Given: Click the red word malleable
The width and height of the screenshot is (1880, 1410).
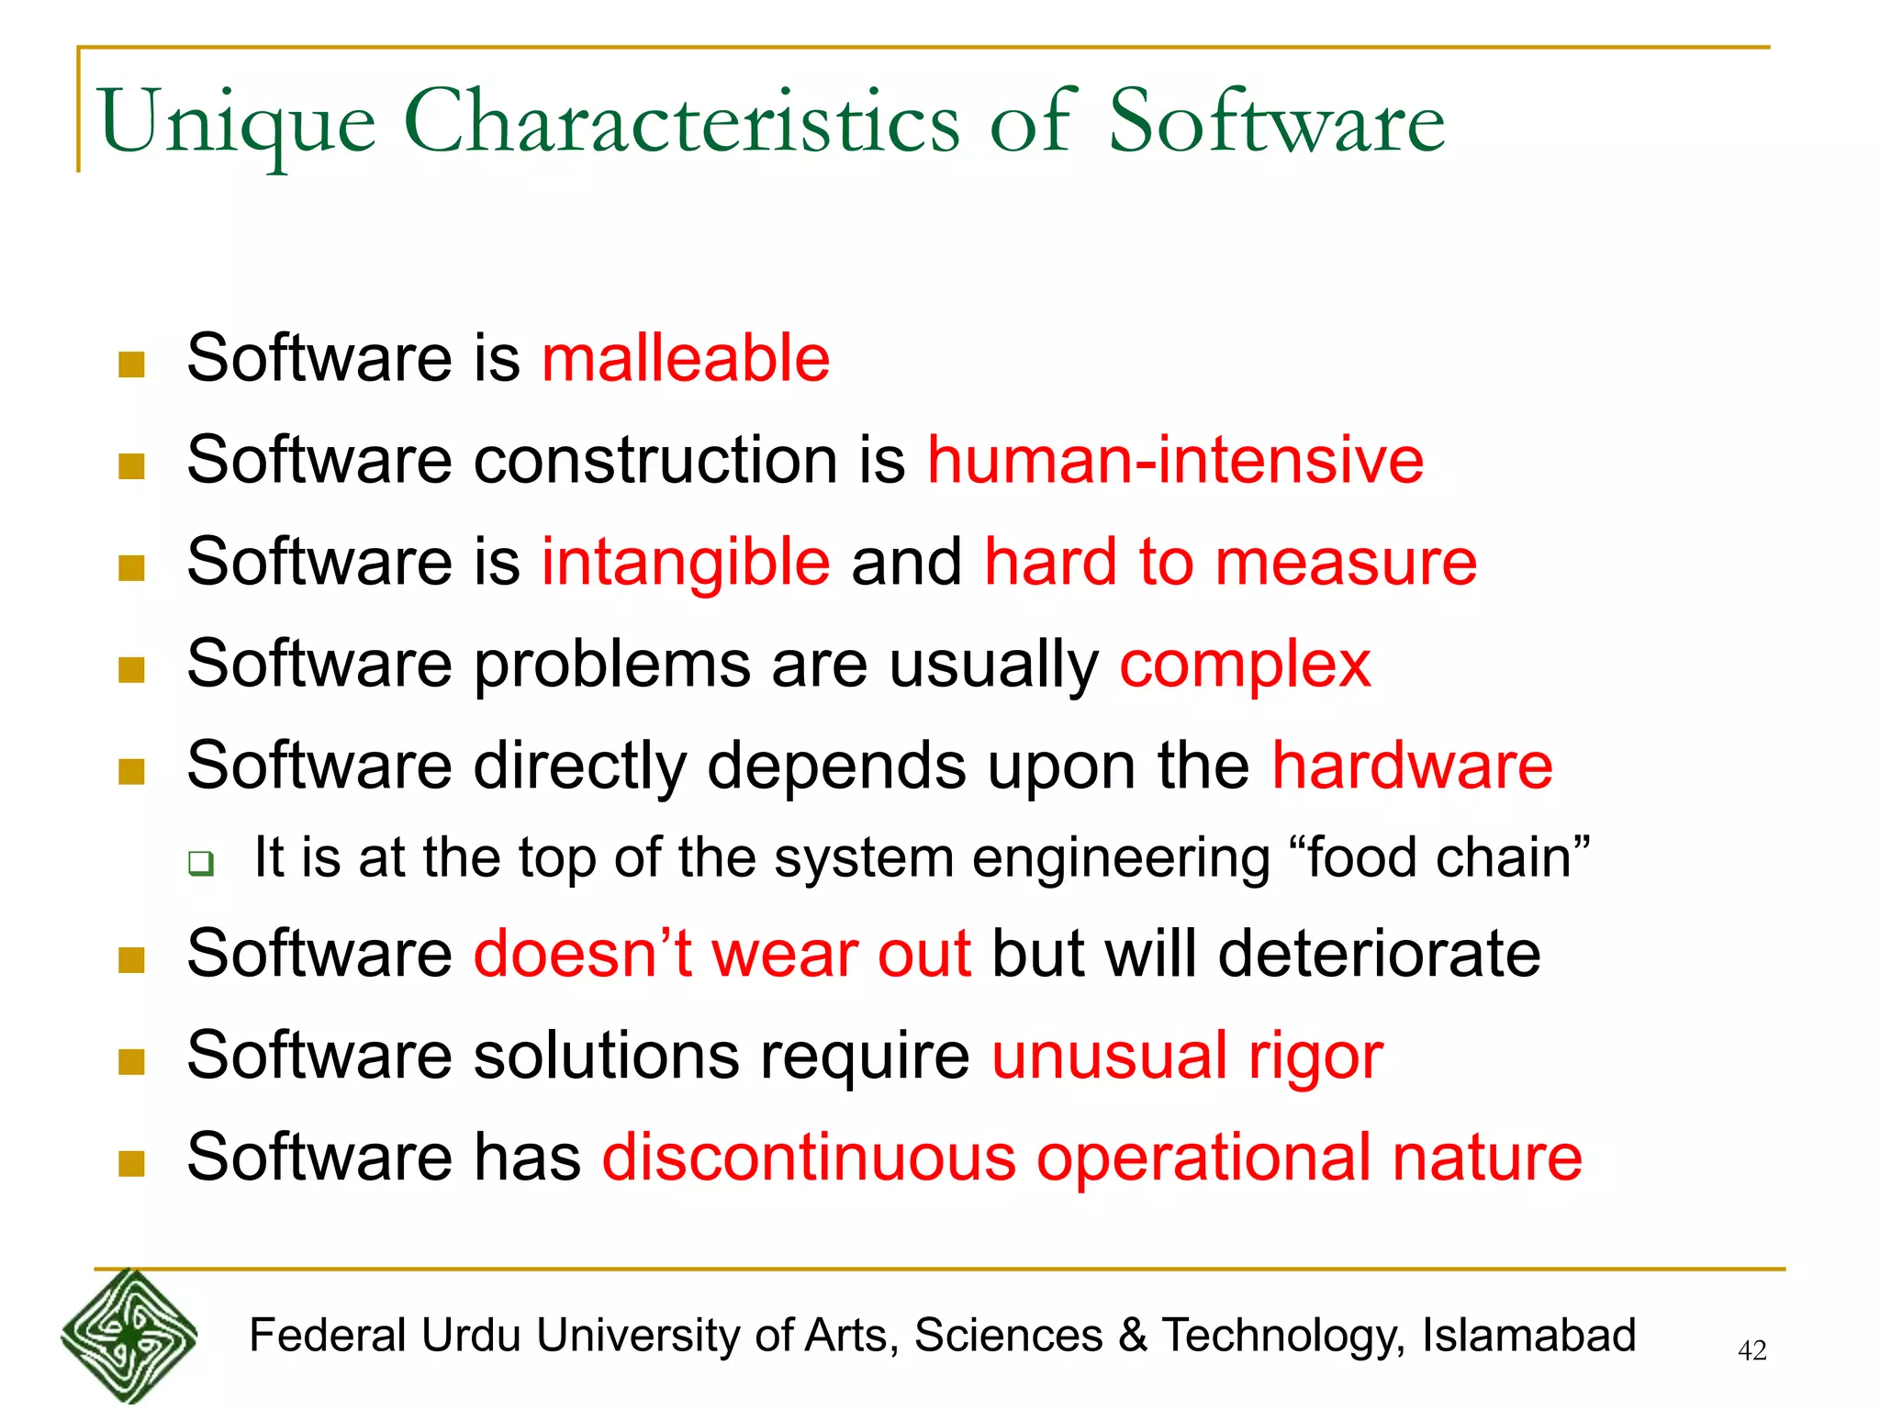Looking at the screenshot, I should coord(685,358).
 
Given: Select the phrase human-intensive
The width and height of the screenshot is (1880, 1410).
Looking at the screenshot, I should coord(1175,460).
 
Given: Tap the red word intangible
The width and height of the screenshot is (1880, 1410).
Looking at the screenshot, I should coord(685,562).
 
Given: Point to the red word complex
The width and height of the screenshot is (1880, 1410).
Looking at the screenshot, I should coord(1245,665).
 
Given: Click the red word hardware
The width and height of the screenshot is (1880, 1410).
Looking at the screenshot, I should coord(1412,766).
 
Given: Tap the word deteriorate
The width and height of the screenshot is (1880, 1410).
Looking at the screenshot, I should coord(1379,954).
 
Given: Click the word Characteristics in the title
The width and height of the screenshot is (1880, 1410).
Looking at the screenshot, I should coord(681,122).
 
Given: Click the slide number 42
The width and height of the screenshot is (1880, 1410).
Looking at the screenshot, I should coord(1751,1350).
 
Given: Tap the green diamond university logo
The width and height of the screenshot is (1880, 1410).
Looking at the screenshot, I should coord(129,1337).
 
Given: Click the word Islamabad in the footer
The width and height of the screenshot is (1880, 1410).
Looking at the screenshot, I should coord(1528,1336).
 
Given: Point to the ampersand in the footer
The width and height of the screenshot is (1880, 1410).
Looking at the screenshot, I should coord(1133,1336).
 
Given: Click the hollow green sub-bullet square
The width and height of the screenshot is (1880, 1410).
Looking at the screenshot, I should coord(201,863).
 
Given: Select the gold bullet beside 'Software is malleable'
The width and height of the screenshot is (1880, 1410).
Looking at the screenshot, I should coord(132,364).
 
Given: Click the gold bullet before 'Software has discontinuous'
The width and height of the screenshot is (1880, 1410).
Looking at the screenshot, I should coord(132,1164).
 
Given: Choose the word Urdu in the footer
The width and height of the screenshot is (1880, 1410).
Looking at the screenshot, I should coord(472,1336).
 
